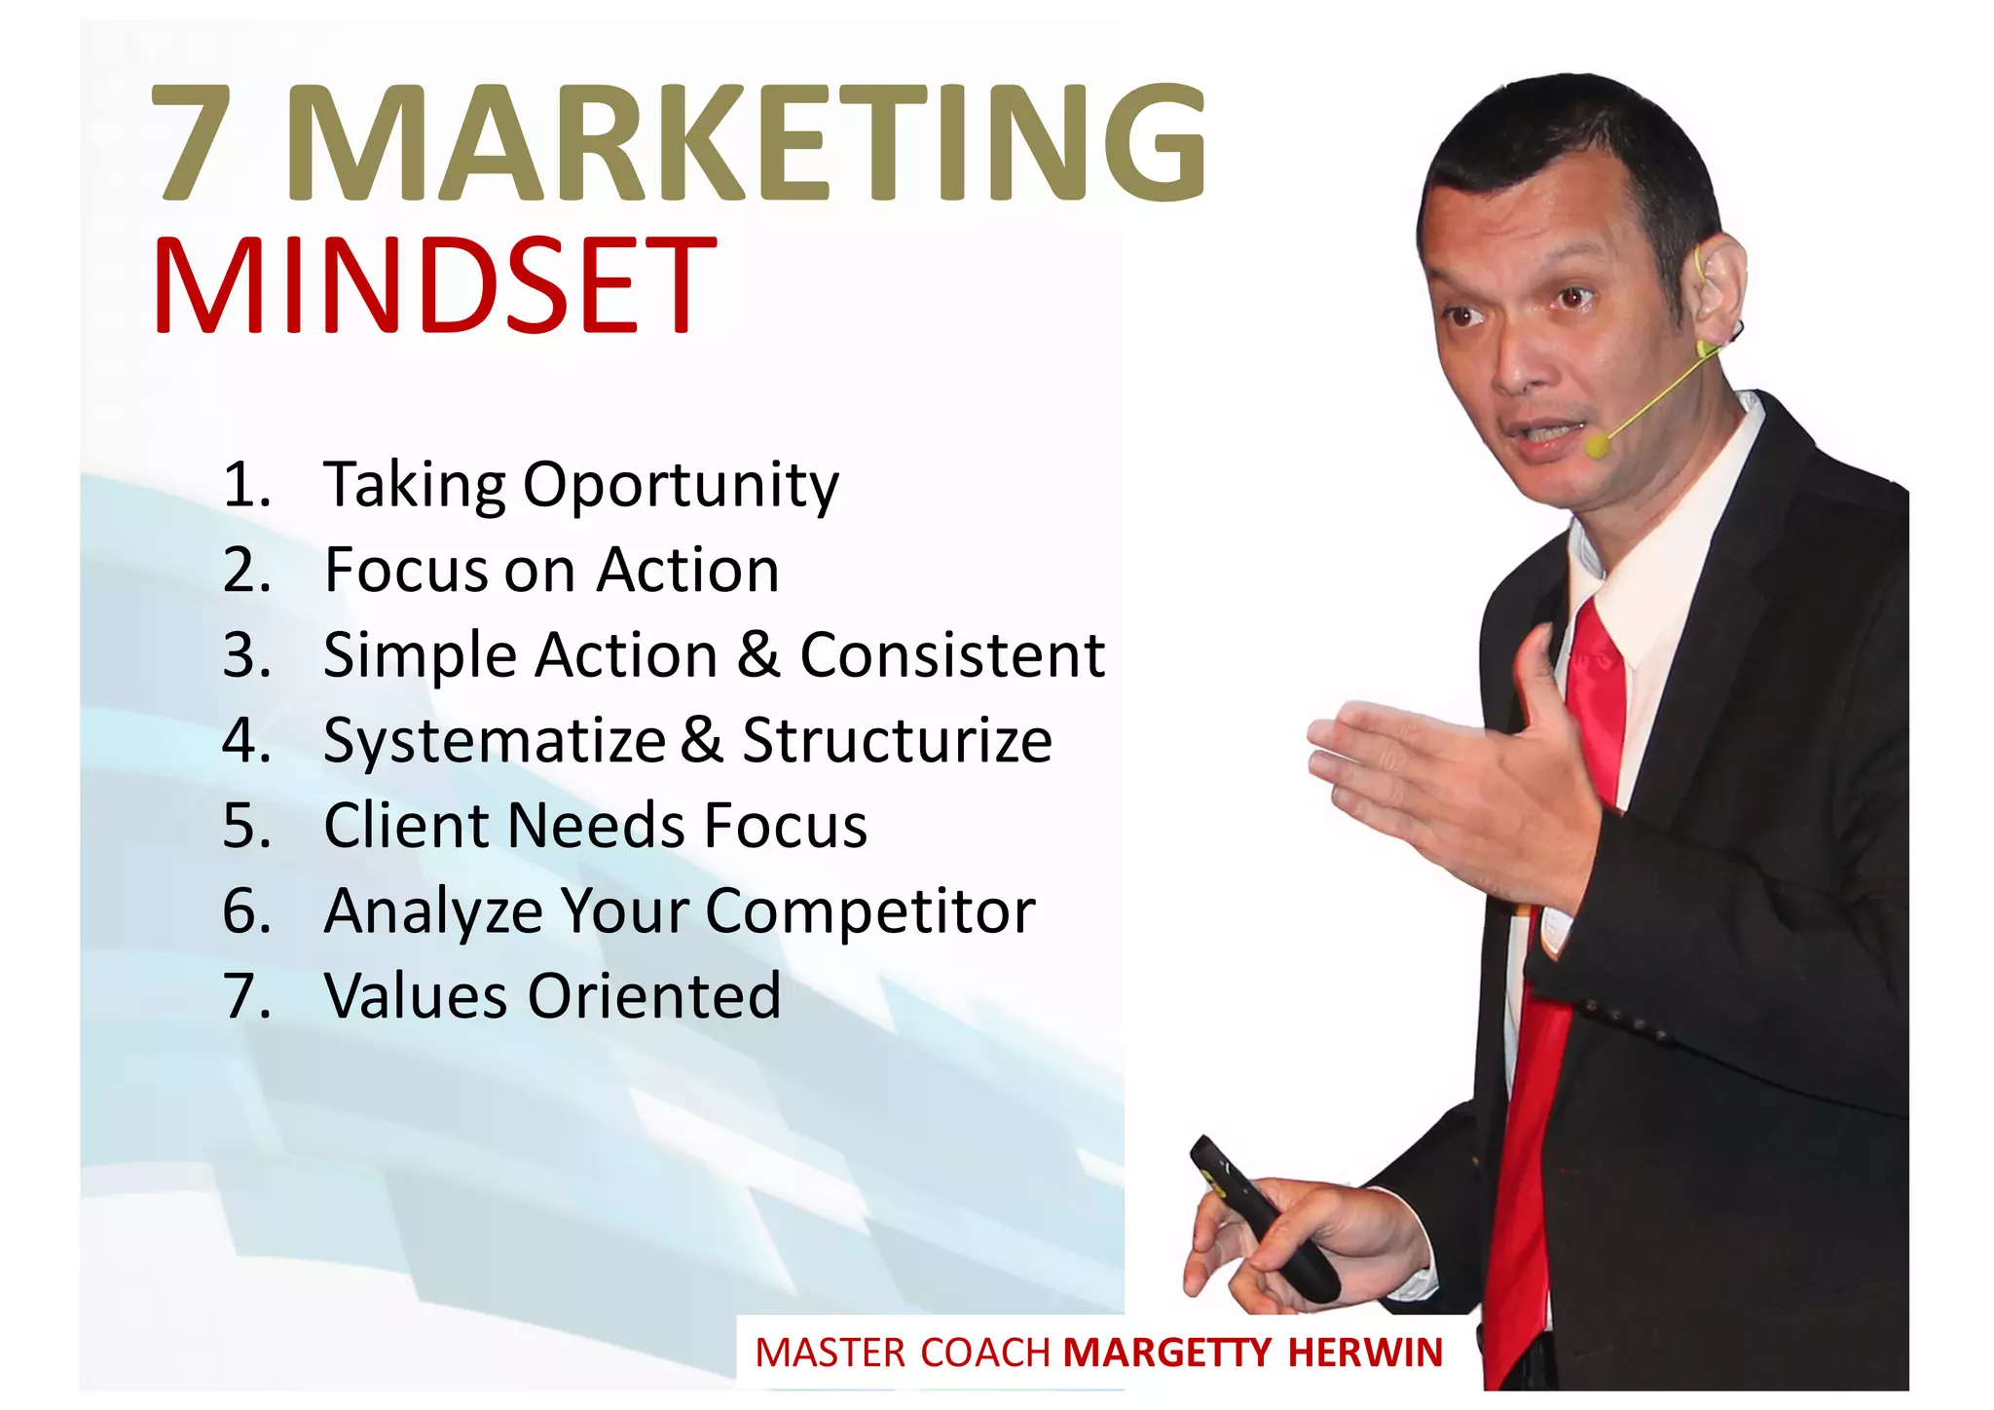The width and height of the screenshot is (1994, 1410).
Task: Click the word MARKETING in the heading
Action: click(x=747, y=143)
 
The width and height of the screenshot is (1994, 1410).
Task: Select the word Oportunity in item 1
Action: click(x=681, y=486)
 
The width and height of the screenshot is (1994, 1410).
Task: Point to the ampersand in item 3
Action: click(x=758, y=654)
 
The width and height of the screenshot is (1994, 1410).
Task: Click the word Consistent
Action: click(x=952, y=654)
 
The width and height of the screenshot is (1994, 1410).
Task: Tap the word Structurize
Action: click(x=897, y=740)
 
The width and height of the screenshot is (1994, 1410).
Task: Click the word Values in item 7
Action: click(x=416, y=996)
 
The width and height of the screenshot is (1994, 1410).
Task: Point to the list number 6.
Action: click(x=246, y=911)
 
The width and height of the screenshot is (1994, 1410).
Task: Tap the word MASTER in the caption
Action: click(x=831, y=1354)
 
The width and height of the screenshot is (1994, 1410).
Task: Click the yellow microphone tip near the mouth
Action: click(x=1597, y=446)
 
